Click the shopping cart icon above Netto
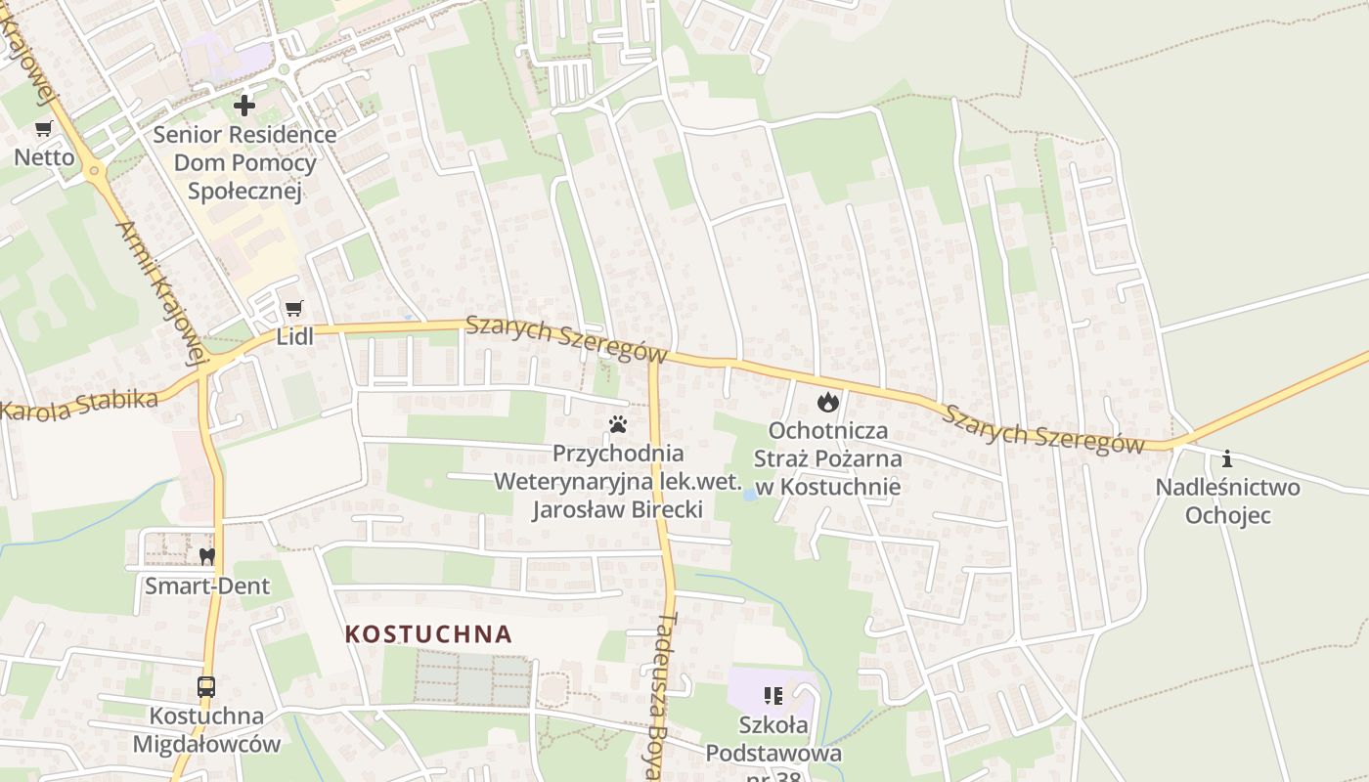(x=43, y=128)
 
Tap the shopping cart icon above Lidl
(x=293, y=309)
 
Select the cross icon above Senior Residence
(x=244, y=105)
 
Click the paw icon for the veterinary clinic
(x=617, y=424)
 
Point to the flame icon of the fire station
(x=828, y=401)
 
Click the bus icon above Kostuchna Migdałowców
(x=206, y=686)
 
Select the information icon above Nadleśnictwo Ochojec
(x=1227, y=458)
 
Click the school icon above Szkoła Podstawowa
(x=773, y=696)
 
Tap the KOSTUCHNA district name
(x=428, y=633)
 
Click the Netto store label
(x=44, y=156)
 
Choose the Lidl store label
(x=294, y=338)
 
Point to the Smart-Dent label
(x=207, y=586)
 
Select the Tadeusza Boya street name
(x=666, y=694)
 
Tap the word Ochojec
(x=1228, y=514)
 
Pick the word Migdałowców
(x=206, y=744)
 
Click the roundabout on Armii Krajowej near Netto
(x=95, y=170)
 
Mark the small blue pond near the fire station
(x=750, y=495)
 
